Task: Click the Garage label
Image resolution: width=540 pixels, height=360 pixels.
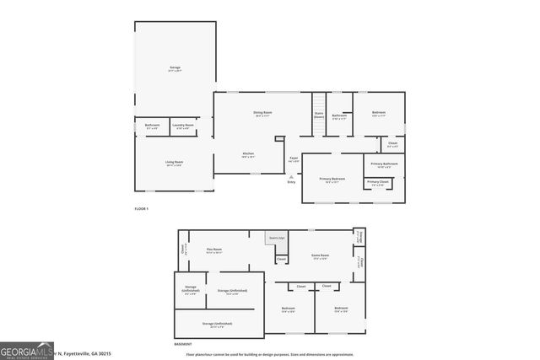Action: point(175,67)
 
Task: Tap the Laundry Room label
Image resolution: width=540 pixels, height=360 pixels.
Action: point(183,126)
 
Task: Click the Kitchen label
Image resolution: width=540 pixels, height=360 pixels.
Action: point(248,153)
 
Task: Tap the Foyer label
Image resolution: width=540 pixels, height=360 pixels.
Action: point(294,158)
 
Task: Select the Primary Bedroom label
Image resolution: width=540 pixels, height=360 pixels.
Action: point(332,179)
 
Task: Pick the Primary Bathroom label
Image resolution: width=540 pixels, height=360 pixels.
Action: point(383,164)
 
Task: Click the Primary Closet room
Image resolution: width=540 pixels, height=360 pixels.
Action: point(378,183)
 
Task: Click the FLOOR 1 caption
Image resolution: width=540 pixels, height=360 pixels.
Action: point(142,208)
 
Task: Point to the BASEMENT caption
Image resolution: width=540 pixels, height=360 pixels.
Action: point(183,344)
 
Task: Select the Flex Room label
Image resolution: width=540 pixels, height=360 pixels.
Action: point(213,250)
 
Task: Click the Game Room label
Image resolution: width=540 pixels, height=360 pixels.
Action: point(321,255)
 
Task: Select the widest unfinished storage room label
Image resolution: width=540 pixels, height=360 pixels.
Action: point(217,323)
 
